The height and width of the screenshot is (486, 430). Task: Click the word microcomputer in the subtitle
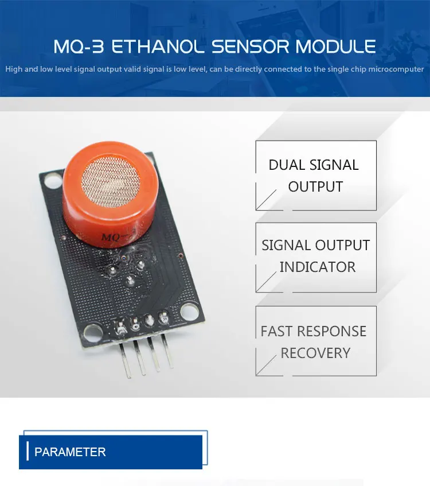[390, 69]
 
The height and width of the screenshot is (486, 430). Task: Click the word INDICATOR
[317, 267]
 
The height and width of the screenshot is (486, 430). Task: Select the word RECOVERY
[315, 353]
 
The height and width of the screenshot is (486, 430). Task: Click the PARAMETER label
[70, 452]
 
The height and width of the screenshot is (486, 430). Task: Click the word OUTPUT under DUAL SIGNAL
[315, 187]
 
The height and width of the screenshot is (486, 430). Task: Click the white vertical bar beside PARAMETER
[28, 452]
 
